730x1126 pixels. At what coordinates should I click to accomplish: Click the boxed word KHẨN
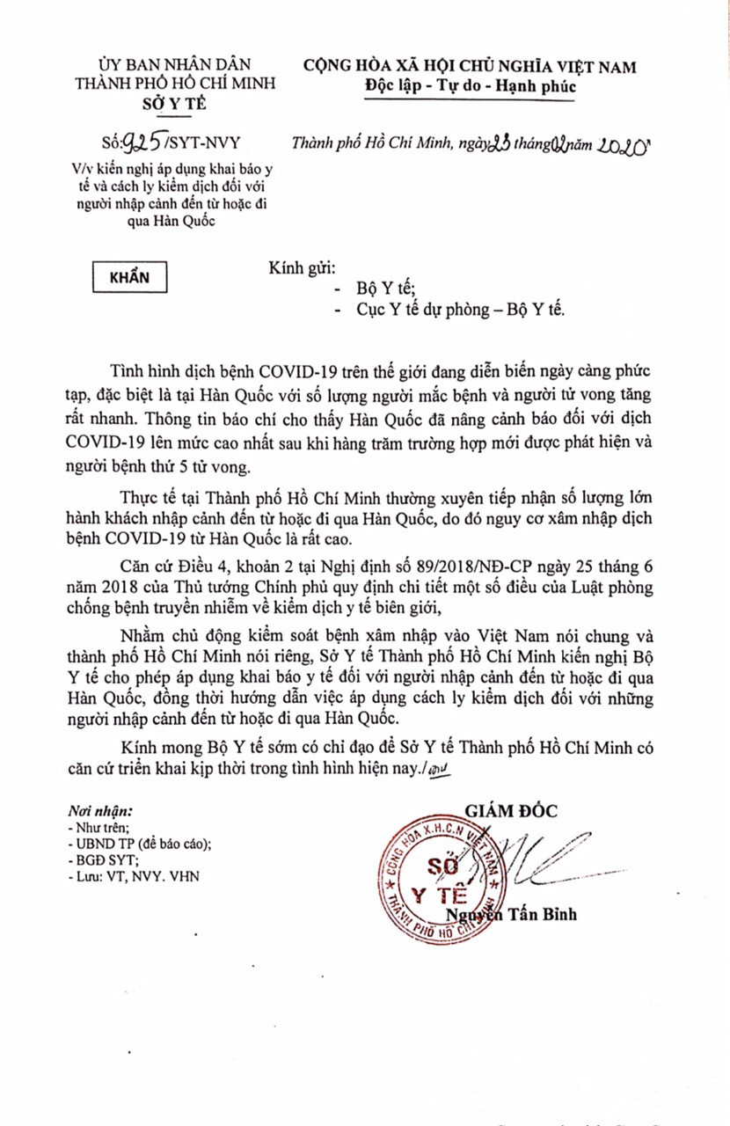[x=129, y=276]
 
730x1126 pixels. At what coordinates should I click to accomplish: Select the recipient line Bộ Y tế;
[x=385, y=288]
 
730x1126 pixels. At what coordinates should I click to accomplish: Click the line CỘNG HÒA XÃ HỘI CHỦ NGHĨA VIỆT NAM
[x=471, y=66]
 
